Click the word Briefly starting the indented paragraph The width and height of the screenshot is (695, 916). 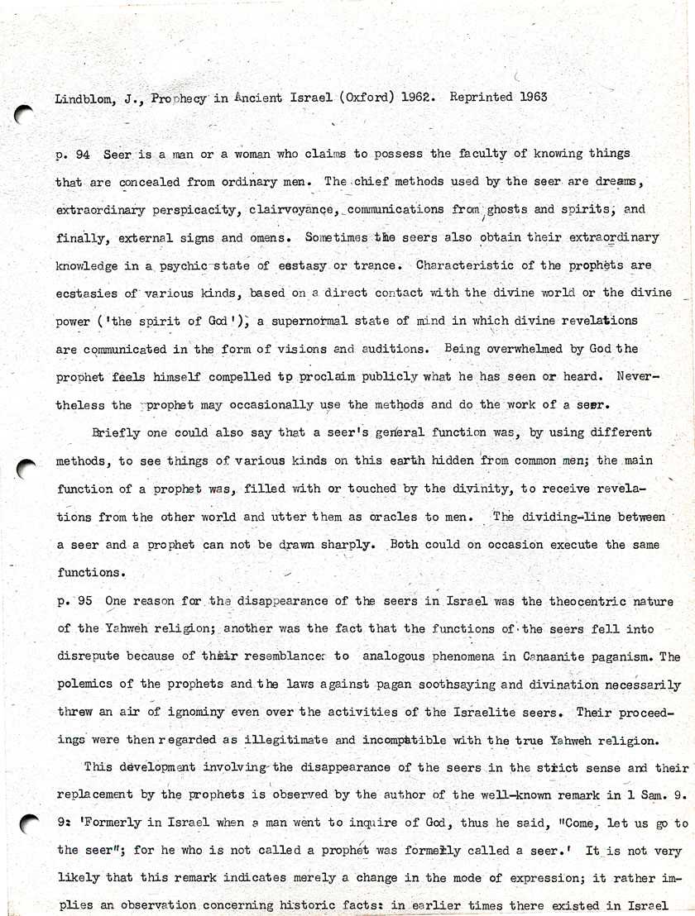coord(116,432)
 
